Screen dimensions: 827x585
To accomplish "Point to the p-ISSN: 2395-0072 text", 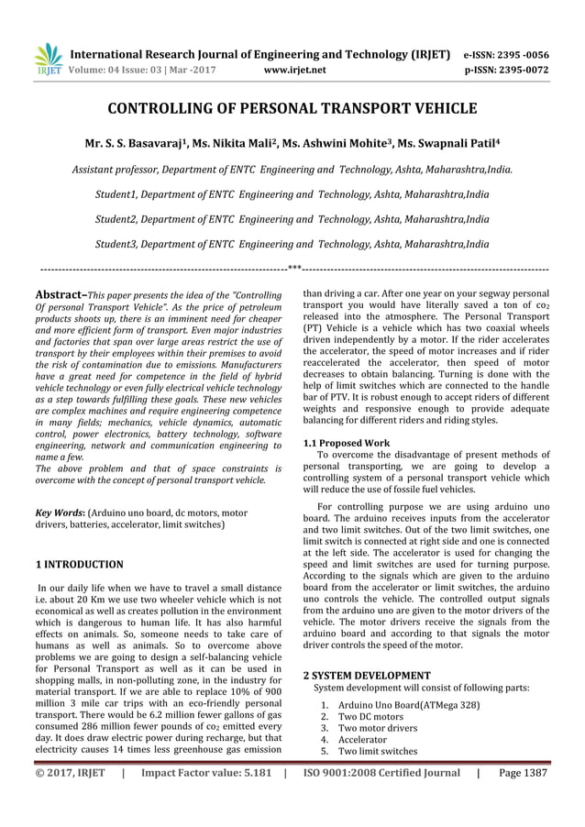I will (x=507, y=68).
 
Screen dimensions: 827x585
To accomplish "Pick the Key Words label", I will (x=59, y=513).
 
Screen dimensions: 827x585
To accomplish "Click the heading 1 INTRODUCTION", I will (x=78, y=565).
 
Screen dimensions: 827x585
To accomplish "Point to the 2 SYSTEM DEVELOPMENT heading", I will (x=367, y=675).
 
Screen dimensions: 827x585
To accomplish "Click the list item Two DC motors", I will (x=370, y=716).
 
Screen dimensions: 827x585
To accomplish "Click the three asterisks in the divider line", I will (x=294, y=269).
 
